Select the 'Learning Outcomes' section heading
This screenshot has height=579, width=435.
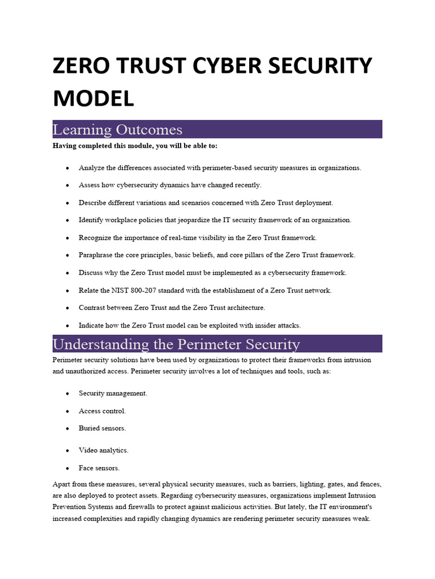point(117,129)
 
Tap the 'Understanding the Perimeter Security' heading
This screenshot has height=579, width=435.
point(176,344)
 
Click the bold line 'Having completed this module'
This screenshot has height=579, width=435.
point(135,146)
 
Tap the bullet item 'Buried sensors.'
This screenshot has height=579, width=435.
point(102,429)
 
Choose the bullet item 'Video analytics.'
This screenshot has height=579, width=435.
point(103,451)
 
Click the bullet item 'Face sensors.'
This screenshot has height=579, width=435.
point(99,468)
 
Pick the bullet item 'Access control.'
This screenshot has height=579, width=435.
point(102,411)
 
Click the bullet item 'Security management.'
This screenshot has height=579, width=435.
point(113,394)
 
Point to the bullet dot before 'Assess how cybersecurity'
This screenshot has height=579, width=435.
point(68,185)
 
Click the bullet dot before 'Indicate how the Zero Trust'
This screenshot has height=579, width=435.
point(68,326)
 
